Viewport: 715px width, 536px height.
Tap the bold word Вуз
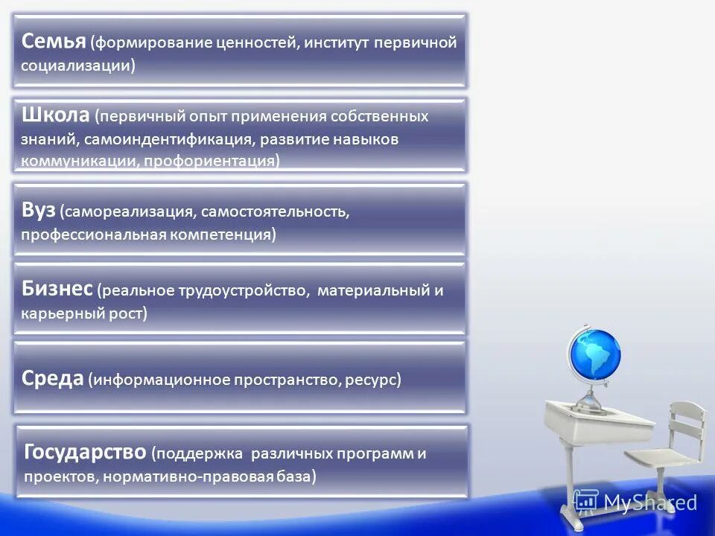39,211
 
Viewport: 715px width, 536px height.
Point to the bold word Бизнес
57,289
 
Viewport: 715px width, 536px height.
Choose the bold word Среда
52,379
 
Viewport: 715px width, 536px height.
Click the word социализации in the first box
77,66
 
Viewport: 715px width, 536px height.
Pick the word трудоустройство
241,290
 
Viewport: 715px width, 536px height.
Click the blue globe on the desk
594,355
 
